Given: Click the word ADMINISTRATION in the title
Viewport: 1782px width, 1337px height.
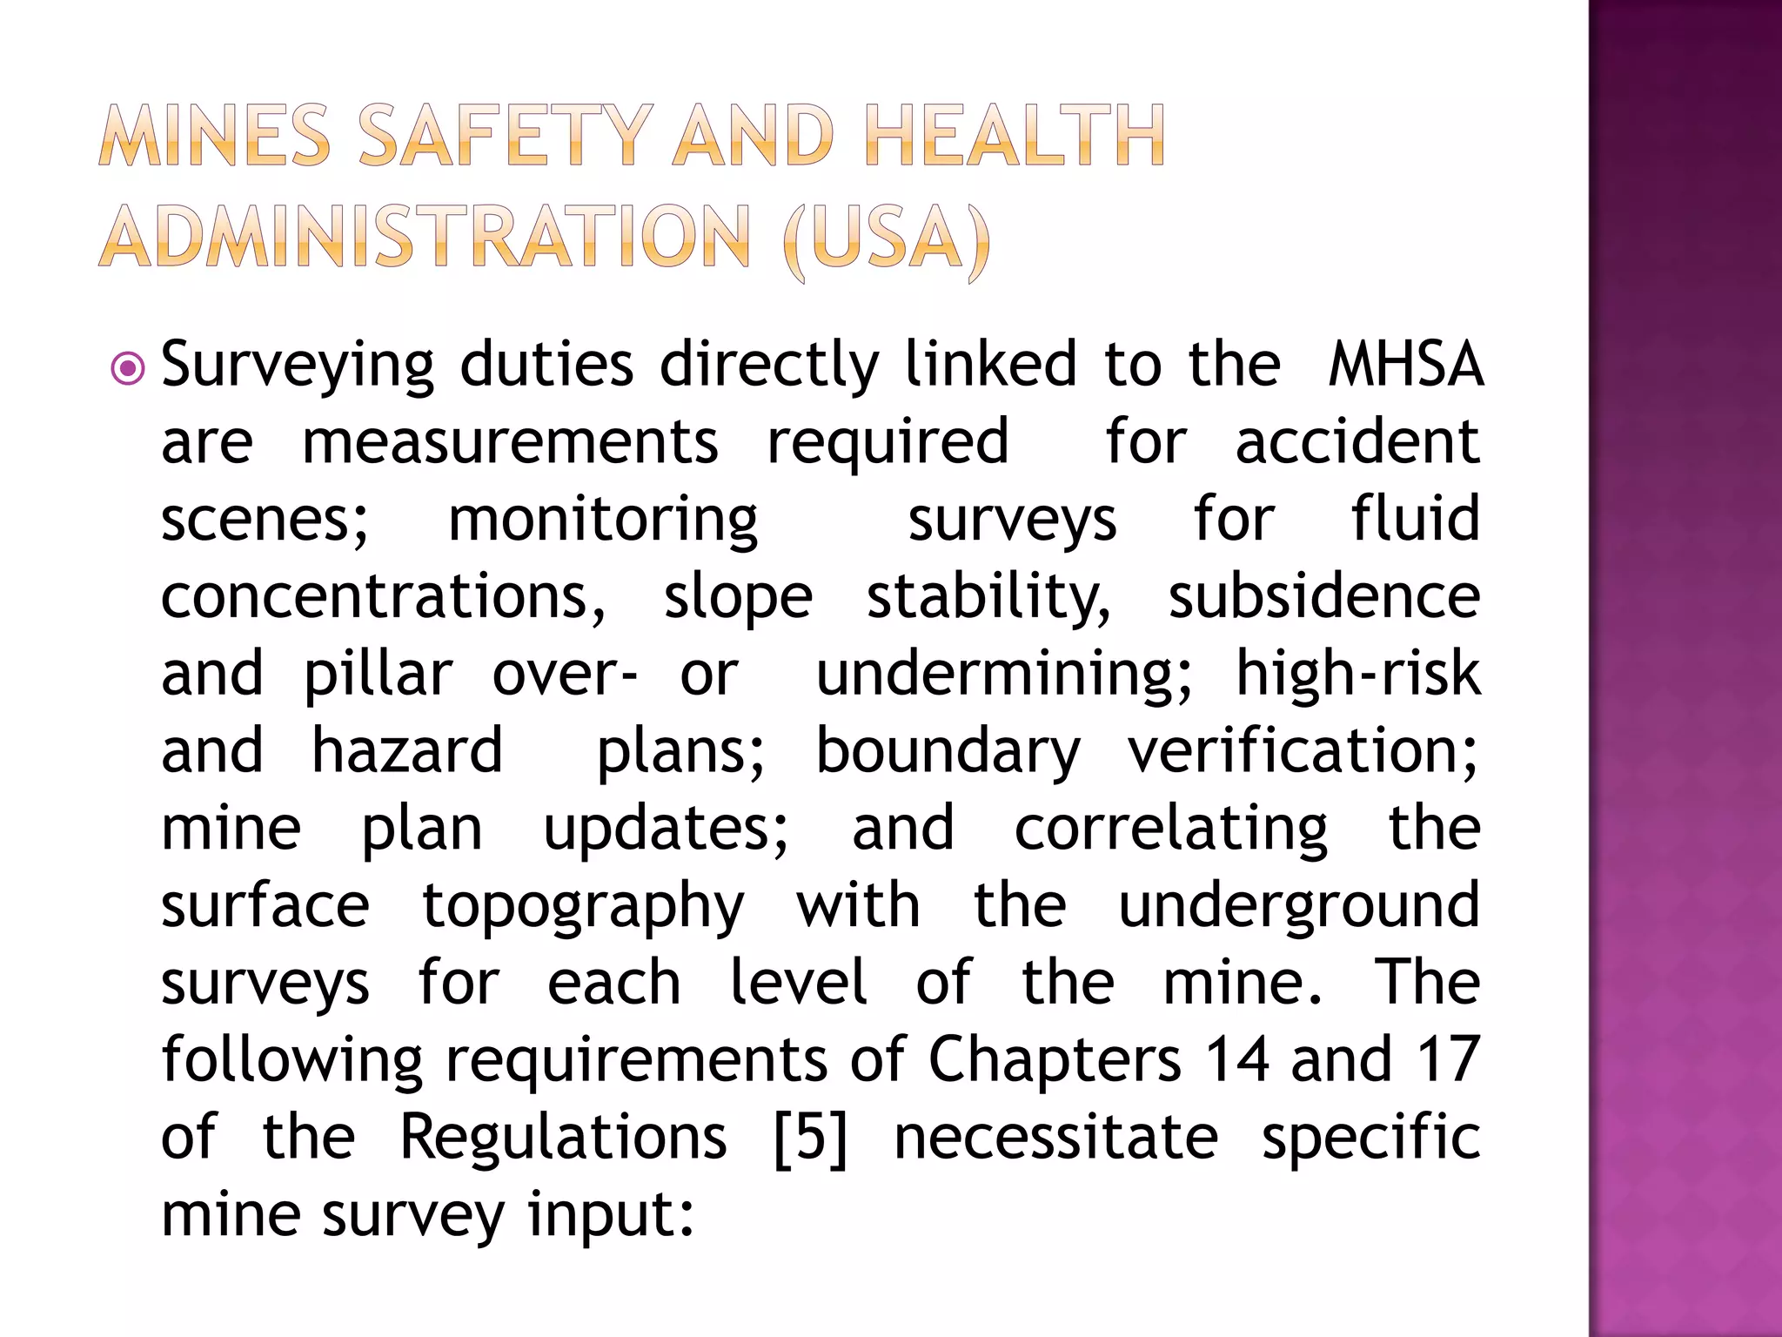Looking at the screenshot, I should coord(425,238).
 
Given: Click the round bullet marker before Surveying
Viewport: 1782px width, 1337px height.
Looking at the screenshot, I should coord(129,369).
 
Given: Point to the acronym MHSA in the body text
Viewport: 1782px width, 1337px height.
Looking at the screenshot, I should coord(1404,365).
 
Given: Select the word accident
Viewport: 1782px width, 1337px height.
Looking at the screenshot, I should coord(1357,442).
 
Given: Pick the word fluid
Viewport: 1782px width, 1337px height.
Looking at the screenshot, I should coord(1415,519).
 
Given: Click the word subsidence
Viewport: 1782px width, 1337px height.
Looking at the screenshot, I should coord(1323,597).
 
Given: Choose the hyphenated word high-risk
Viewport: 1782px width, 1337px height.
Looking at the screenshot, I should coord(1357,674).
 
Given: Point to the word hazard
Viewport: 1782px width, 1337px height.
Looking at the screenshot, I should coord(407,750).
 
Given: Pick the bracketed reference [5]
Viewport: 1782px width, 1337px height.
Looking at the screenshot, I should coord(809,1139).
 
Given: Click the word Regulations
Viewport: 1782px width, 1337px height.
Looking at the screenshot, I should coord(563,1139).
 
